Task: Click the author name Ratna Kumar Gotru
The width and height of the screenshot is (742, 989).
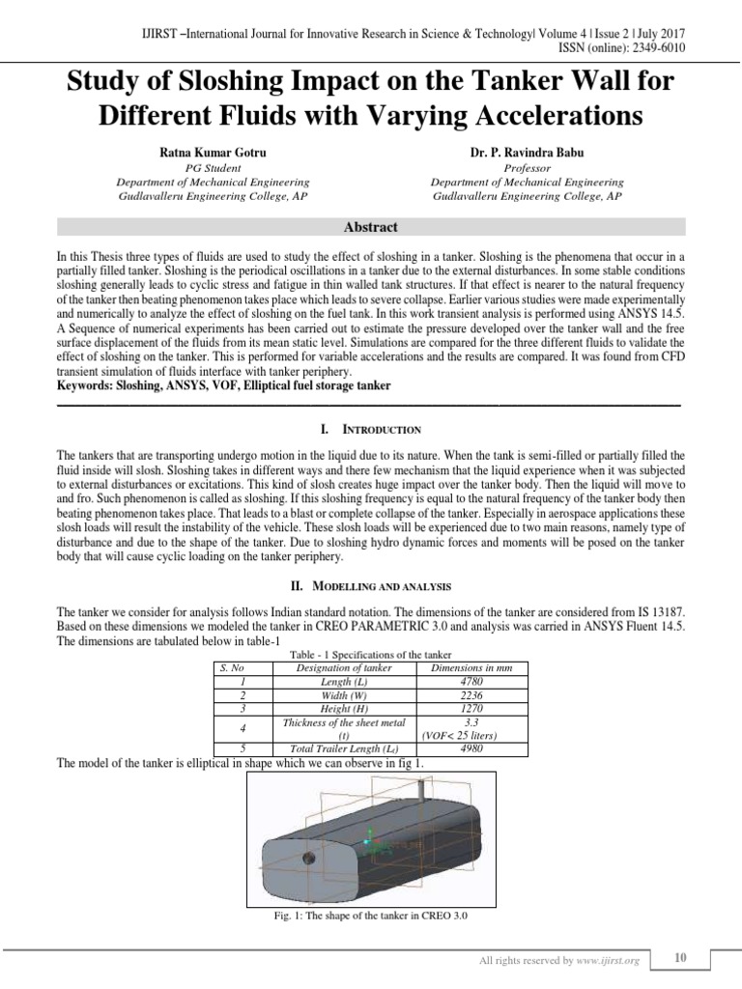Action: pos(213,153)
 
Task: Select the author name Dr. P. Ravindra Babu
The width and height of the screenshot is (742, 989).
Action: pos(527,153)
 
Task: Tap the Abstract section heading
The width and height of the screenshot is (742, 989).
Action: pos(370,227)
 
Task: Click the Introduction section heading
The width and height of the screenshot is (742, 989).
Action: pos(370,428)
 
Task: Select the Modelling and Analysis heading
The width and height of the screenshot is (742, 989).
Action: pos(370,586)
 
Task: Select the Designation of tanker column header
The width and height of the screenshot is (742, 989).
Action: pos(344,667)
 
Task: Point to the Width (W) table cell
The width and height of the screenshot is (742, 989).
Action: pos(344,694)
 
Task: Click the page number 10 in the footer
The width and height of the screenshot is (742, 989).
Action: pos(680,957)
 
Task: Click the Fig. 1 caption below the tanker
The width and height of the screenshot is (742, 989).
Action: pos(370,915)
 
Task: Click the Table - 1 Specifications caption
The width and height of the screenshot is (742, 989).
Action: pos(370,656)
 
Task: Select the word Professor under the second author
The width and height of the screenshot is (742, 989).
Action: pos(527,168)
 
